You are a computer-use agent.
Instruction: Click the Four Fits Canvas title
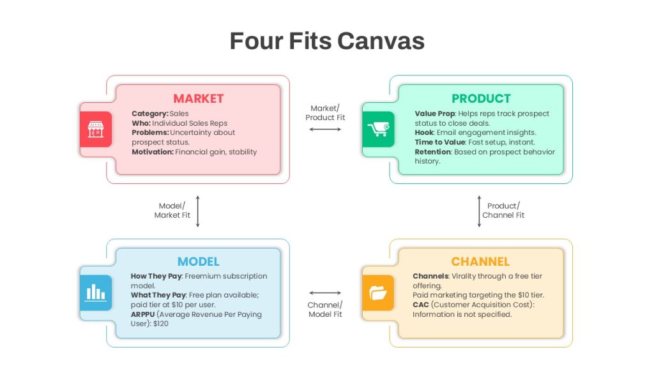(x=327, y=41)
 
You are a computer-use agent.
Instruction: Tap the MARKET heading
(x=199, y=98)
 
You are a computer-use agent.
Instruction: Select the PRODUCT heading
(x=481, y=98)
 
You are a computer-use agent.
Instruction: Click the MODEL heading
(x=198, y=261)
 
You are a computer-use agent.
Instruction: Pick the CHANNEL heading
(x=480, y=261)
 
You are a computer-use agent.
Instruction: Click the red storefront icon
(x=96, y=129)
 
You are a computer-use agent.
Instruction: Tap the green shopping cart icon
(x=378, y=129)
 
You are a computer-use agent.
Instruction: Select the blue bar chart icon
(x=96, y=293)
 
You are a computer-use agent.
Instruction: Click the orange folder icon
(x=378, y=293)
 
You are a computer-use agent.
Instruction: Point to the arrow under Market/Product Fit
(x=325, y=129)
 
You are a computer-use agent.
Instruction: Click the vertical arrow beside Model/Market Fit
(x=198, y=211)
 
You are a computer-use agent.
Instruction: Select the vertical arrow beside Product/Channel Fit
(x=479, y=211)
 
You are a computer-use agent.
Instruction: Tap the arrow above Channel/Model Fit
(x=325, y=293)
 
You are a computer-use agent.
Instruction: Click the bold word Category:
(x=150, y=114)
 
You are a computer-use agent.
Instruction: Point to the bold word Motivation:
(x=153, y=152)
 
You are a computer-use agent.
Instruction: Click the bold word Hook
(x=424, y=132)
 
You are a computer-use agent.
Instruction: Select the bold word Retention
(x=433, y=152)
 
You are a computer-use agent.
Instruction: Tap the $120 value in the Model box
(x=160, y=323)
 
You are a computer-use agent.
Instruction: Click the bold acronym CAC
(x=421, y=305)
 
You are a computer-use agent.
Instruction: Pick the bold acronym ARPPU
(x=142, y=314)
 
